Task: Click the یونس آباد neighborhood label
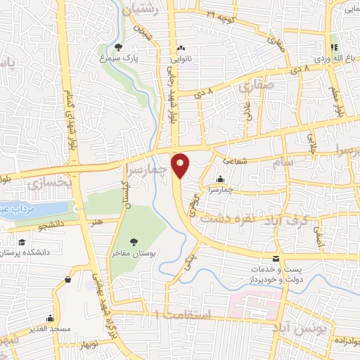click(x=292, y=329)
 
